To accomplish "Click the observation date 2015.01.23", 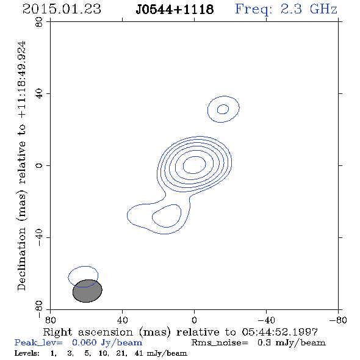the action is pos(62,9).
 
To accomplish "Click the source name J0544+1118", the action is pos(175,10).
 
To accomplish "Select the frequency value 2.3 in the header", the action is pos(291,9).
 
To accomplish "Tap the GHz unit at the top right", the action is pos(323,9).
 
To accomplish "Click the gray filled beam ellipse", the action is pos(87,291).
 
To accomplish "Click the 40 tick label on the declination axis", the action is pos(39,94).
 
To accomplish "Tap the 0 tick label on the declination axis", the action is pos(39,165).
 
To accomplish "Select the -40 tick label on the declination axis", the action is pos(39,237).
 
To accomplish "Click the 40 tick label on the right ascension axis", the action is pos(122,320).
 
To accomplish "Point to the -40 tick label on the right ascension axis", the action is pos(266,320).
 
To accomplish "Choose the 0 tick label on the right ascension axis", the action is pos(194,320).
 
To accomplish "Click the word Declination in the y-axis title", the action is pos(21,259).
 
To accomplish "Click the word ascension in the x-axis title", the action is pos(106,332).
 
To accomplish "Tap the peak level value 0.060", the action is pos(84,342).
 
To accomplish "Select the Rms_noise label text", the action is pos(220,343).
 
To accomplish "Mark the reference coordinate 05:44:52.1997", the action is pos(280,332).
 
